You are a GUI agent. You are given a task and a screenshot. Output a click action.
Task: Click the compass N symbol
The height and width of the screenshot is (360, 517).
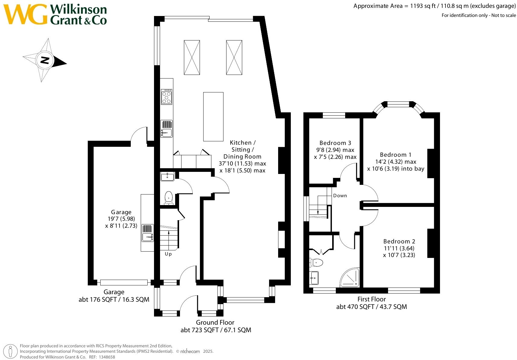click(x=45, y=60)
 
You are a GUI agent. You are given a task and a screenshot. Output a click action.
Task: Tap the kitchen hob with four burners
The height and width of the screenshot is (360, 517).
click(x=166, y=96)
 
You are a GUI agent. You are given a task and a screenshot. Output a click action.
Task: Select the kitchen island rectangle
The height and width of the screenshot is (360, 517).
click(x=213, y=117)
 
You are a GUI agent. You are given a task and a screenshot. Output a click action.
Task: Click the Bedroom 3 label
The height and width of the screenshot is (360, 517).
click(x=335, y=143)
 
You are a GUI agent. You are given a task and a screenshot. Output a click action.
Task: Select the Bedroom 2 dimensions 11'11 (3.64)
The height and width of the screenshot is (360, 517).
click(x=399, y=248)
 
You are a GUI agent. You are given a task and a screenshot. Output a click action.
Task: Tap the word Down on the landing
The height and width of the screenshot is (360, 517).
click(x=340, y=196)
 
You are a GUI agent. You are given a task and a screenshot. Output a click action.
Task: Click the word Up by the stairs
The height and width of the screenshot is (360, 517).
click(x=168, y=254)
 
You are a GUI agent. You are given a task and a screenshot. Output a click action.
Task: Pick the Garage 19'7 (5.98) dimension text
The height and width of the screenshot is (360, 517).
click(x=121, y=219)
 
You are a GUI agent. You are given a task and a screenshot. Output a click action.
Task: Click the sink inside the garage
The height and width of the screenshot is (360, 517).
click(x=148, y=237)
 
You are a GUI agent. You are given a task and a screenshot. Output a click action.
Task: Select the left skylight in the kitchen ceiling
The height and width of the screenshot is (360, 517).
click(x=192, y=57)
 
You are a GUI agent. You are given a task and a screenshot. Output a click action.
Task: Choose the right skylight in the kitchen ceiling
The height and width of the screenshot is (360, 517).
click(x=234, y=57)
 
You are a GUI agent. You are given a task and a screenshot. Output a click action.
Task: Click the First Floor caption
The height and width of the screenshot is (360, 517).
click(x=371, y=299)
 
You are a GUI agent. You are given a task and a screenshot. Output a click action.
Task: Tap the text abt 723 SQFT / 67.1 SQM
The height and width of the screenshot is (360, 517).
click(x=216, y=330)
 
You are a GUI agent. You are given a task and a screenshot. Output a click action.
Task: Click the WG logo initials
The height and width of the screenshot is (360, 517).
click(x=25, y=14)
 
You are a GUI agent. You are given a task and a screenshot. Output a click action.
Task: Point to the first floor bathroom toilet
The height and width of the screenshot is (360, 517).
click(x=316, y=262)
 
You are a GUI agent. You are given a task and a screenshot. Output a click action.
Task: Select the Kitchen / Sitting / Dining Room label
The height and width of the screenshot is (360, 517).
click(x=242, y=149)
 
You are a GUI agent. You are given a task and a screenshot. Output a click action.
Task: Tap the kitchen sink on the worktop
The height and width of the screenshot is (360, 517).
click(x=166, y=132)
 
